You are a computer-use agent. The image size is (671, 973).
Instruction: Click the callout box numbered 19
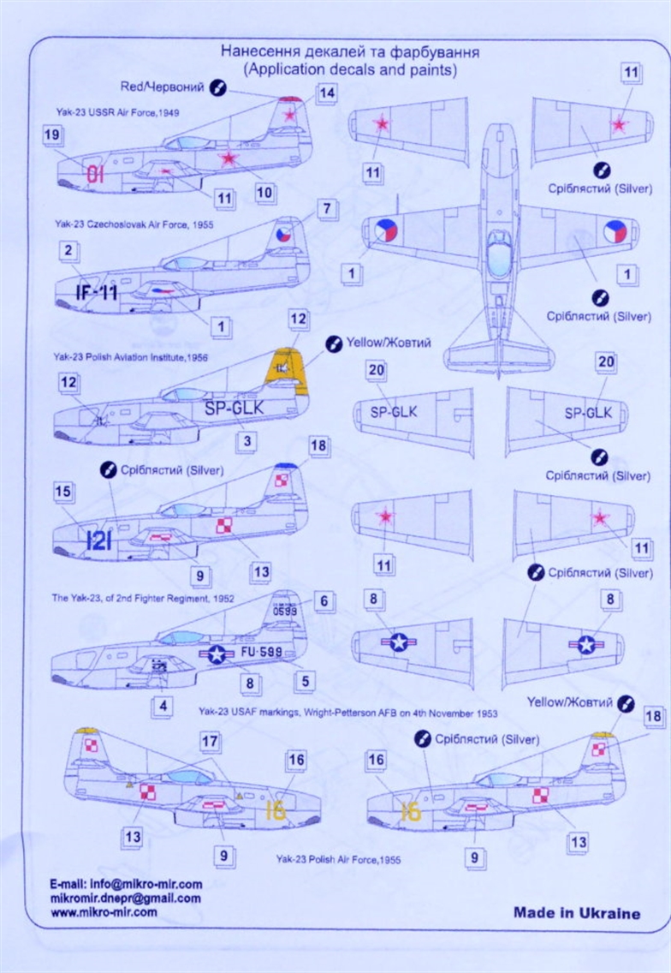coord(50,134)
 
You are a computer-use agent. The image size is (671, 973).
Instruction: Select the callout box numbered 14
coord(326,93)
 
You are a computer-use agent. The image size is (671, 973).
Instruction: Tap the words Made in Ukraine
coord(576,912)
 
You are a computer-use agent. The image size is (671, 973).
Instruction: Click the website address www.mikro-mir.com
coord(104,912)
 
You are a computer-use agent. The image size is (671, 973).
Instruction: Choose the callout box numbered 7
coord(326,208)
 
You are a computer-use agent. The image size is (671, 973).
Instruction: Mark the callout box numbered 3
coord(247,442)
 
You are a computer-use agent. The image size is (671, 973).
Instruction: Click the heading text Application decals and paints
coord(349,69)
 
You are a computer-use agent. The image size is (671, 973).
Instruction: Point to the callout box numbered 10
coord(264,193)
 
